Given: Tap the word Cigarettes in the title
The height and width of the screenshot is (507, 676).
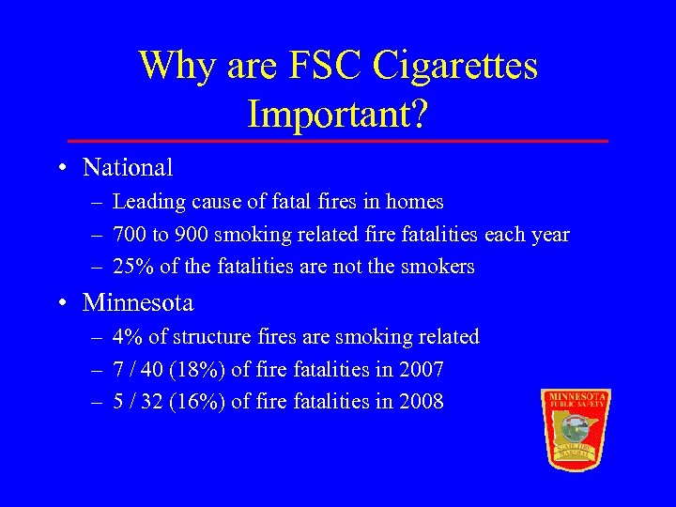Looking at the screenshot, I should coord(455,66).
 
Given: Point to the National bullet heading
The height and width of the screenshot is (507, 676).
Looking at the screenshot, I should coord(128,168).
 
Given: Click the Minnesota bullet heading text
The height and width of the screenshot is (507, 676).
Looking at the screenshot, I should coord(138,303).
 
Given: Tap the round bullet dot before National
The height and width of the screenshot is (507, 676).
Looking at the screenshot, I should coord(61,169).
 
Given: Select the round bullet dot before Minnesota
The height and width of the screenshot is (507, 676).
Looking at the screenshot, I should coord(61,304).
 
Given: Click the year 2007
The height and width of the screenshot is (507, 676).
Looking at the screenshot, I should coord(421,370).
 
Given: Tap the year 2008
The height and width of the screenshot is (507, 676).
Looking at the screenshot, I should coord(421,403).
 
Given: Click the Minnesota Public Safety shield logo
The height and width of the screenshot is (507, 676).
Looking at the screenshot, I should coord(576,428).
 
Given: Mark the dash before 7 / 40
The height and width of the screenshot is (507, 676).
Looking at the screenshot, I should coord(98,370).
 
